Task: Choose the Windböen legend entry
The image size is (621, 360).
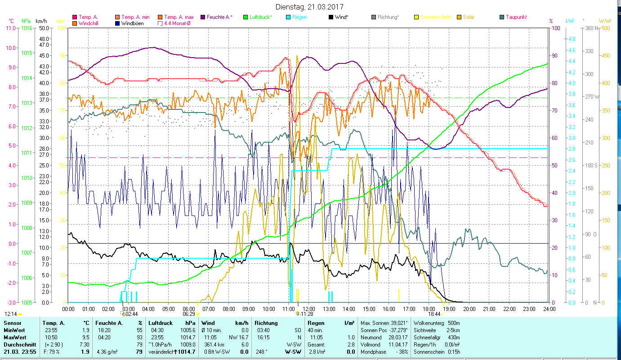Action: (x=132, y=23)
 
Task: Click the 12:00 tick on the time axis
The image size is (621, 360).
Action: (x=309, y=309)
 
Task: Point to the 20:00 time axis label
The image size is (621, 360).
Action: (x=469, y=309)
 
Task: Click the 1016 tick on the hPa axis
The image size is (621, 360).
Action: (x=27, y=28)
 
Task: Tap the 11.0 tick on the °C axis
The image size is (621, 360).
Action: (x=11, y=28)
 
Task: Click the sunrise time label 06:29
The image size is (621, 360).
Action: (x=189, y=314)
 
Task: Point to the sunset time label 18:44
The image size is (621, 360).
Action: (x=434, y=314)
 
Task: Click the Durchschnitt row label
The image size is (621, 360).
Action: (x=17, y=344)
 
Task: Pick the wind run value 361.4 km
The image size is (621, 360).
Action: (x=214, y=344)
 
